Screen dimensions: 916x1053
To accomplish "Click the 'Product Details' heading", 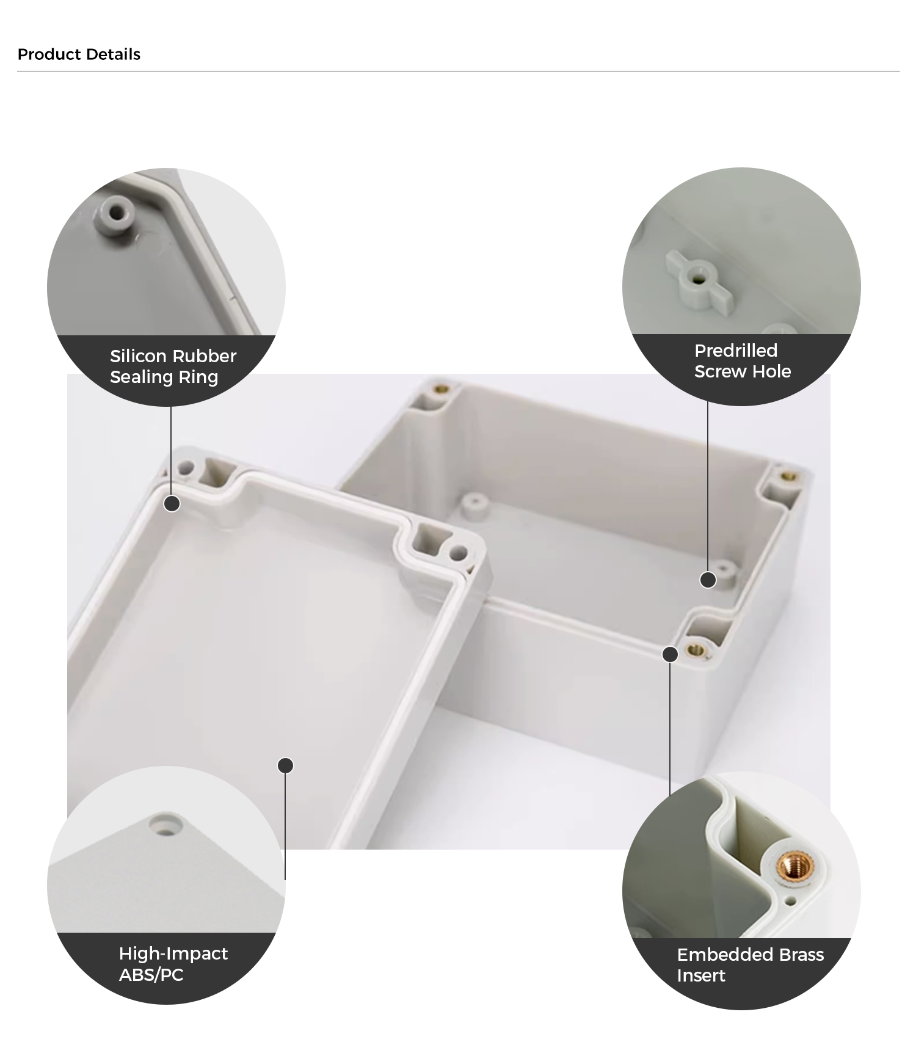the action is (79, 54).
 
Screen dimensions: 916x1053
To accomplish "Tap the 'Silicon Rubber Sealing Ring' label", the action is (173, 366).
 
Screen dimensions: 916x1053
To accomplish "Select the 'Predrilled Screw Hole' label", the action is (742, 361).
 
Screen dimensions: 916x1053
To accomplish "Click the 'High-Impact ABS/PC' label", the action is (173, 964).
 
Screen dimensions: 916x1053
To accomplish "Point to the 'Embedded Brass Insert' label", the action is (750, 964).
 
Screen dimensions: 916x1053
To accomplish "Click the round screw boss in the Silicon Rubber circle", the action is (115, 213).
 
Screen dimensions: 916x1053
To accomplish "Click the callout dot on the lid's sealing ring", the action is (172, 503).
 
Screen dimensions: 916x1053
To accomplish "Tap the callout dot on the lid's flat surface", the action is (285, 765).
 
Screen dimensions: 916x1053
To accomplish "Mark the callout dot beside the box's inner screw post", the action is (708, 580).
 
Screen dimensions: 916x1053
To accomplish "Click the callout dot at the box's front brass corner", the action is (670, 654).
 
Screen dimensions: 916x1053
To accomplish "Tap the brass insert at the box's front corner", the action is (694, 649).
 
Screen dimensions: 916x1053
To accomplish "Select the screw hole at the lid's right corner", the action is (457, 554).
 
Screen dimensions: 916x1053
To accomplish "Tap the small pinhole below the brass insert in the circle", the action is (791, 901).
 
